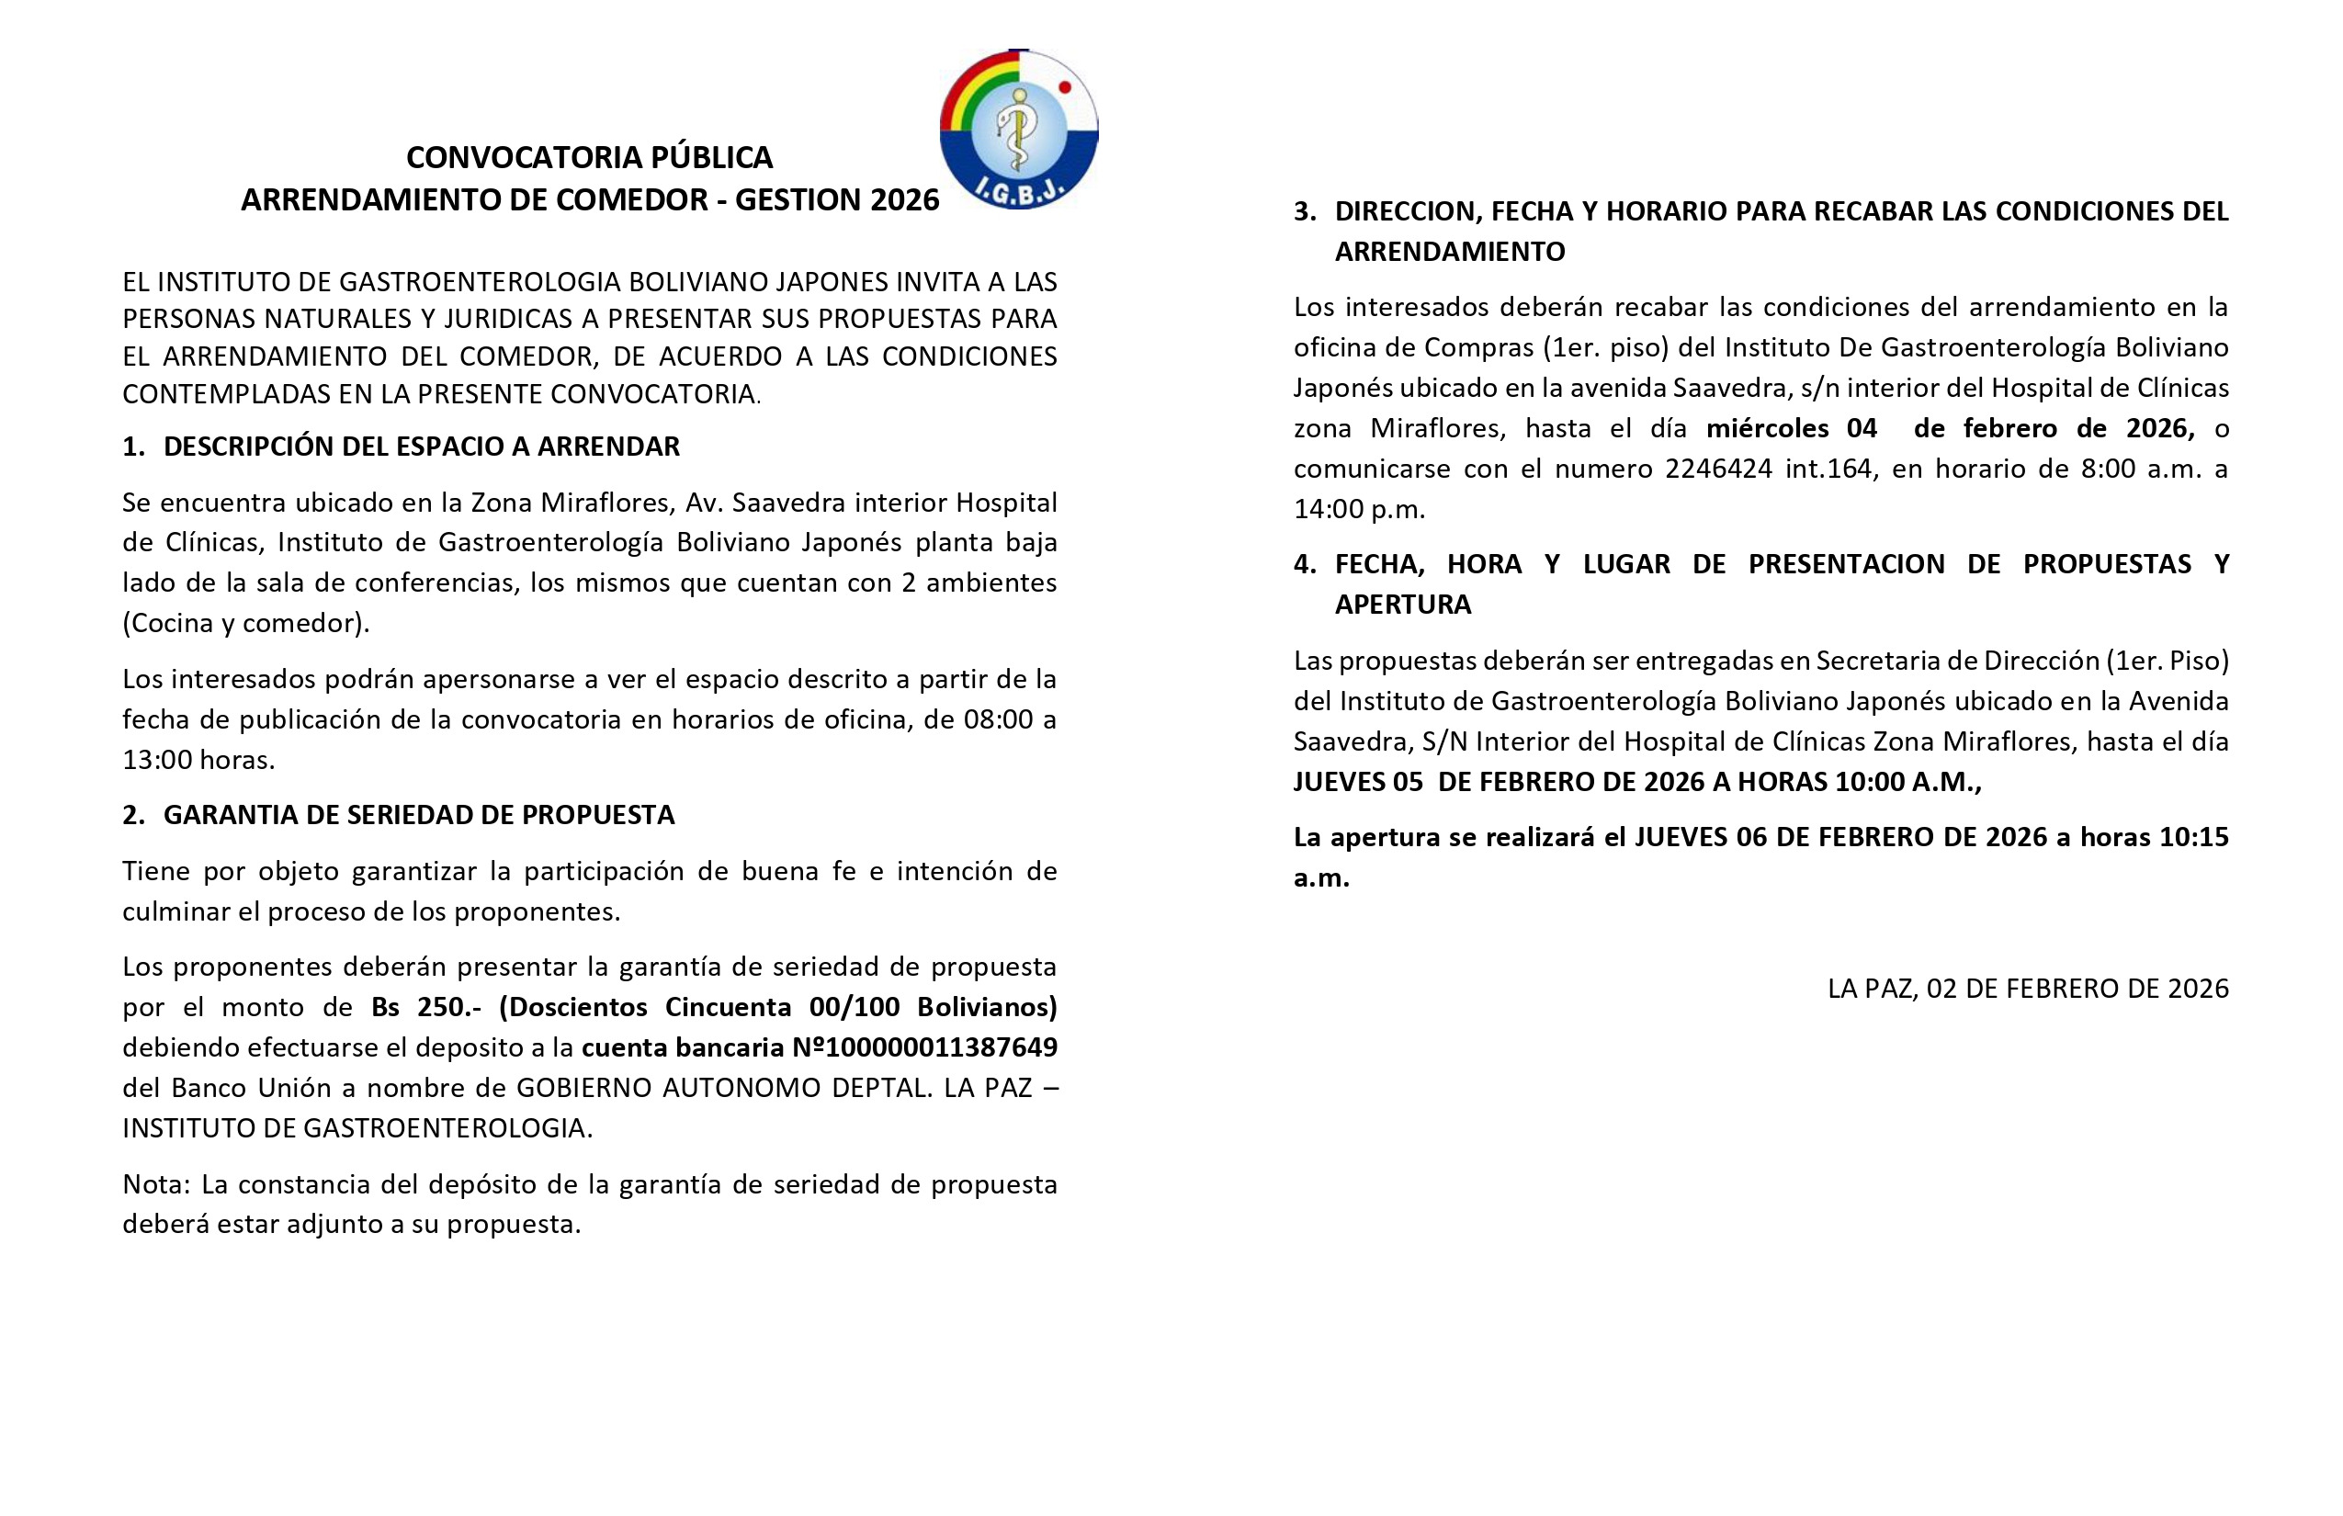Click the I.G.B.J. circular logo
click(x=1018, y=129)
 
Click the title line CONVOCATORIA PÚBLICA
click(x=589, y=157)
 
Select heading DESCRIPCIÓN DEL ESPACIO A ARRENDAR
click(x=422, y=447)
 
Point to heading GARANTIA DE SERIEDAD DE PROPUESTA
click(x=418, y=815)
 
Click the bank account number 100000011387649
click(x=941, y=1047)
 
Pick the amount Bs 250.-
click(x=425, y=1007)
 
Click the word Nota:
click(x=156, y=1184)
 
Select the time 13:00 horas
click(x=198, y=760)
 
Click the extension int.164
click(x=1829, y=469)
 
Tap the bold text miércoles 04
click(x=1791, y=428)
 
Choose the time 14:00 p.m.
click(x=1359, y=510)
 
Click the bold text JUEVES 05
click(x=1358, y=782)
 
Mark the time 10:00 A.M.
click(x=1907, y=782)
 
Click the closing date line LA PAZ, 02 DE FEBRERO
click(x=2028, y=989)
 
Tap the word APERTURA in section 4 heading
click(x=1402, y=605)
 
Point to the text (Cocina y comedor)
click(x=246, y=623)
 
